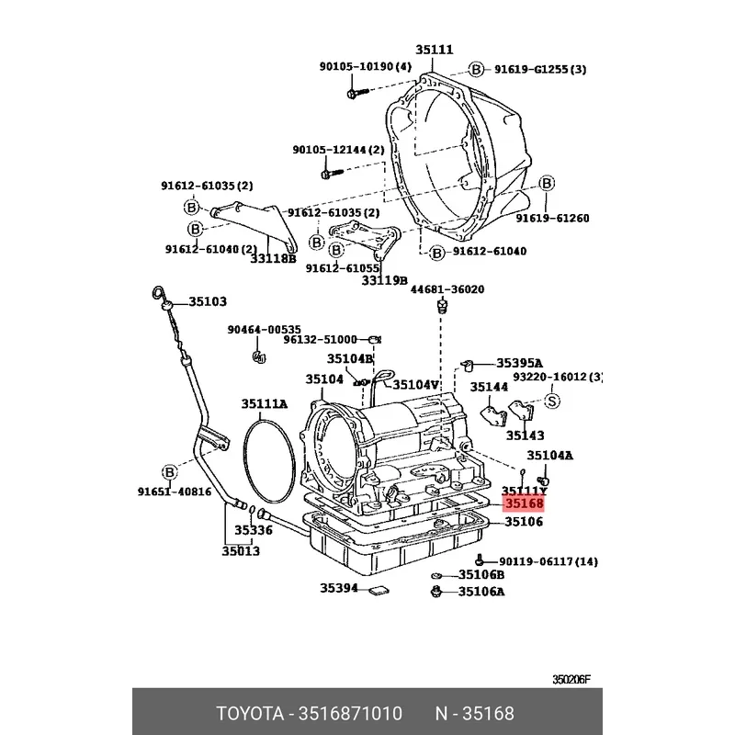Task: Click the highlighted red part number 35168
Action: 523,503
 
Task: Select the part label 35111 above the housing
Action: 434,50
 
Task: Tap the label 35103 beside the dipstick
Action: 208,301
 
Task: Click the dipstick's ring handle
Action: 158,294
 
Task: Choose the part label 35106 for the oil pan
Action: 524,522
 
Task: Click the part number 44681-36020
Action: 447,288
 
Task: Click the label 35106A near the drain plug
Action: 481,592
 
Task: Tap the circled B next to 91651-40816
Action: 169,472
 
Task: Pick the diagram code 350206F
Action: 571,681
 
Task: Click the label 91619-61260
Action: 552,219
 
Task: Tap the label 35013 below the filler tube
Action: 241,551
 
